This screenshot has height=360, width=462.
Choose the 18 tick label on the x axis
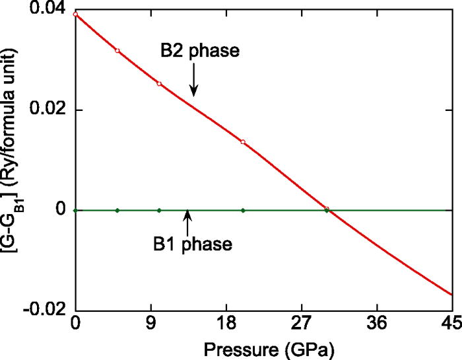pyautogui.click(x=226, y=326)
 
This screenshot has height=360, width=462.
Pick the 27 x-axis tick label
pyautogui.click(x=302, y=326)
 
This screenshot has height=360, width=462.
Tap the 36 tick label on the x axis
pyautogui.click(x=377, y=326)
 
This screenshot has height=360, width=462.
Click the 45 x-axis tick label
pyautogui.click(x=451, y=326)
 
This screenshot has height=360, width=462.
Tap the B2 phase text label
pyautogui.click(x=194, y=51)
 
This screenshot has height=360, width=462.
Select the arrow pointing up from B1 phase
pyautogui.click(x=187, y=223)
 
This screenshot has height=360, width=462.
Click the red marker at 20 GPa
pyautogui.click(x=243, y=142)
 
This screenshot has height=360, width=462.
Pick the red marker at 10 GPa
pyautogui.click(x=159, y=84)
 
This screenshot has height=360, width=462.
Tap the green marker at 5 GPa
pyautogui.click(x=117, y=210)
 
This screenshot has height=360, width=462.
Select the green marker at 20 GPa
pyautogui.click(x=243, y=210)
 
